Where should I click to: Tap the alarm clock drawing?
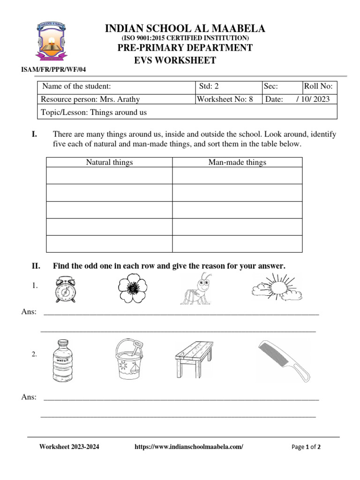tap(65, 289)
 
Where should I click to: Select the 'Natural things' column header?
tap(109, 162)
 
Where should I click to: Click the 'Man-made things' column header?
tap(237, 162)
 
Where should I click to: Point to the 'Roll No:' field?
tap(318, 86)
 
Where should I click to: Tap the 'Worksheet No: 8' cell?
tap(225, 99)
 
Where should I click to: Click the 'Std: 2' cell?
tap(209, 86)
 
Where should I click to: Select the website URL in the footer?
tap(189, 447)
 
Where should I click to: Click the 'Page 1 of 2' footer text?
tap(306, 447)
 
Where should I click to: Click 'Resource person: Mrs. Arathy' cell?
tap(90, 99)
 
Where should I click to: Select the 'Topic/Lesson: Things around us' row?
tap(94, 112)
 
